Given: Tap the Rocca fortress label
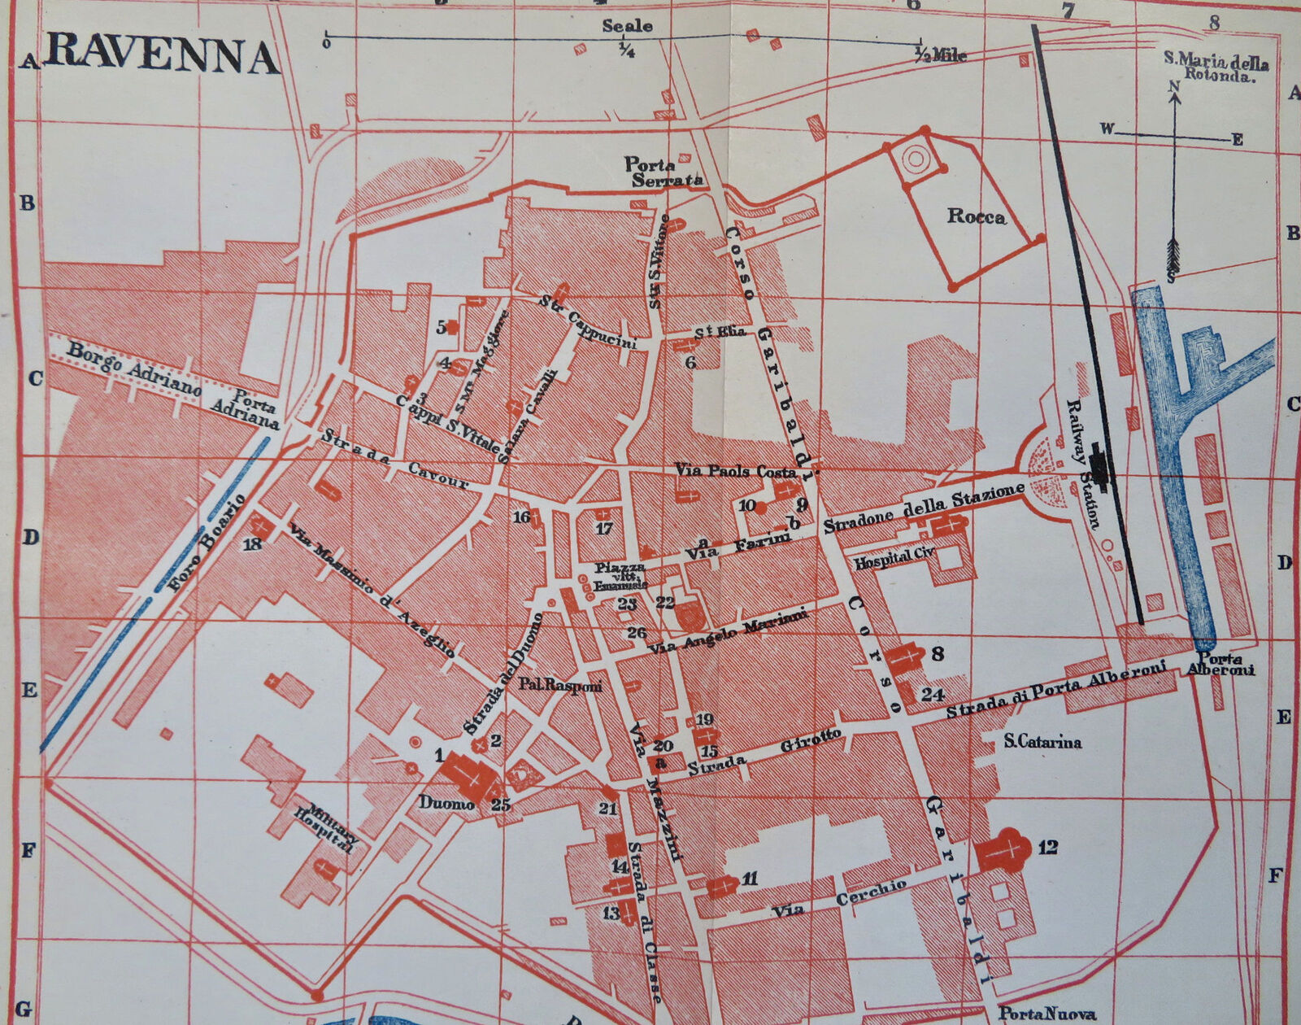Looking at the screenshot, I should point(976,216).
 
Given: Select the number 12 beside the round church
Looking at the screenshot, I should point(1047,848).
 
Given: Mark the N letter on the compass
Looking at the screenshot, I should point(1173,86).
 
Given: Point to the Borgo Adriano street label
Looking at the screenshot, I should point(134,368).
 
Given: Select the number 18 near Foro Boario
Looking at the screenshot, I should point(253,543).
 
